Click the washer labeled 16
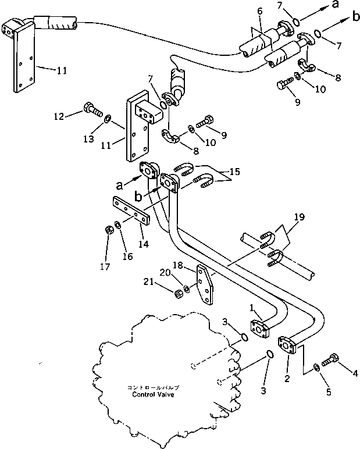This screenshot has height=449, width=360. point(118,225)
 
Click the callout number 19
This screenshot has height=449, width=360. point(298,218)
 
